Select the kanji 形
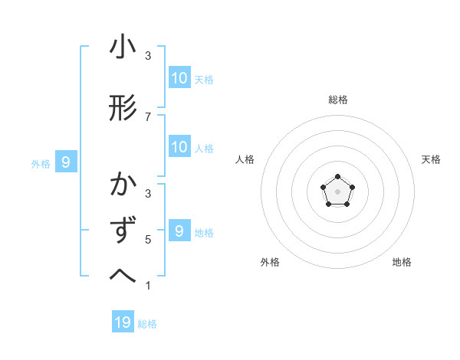123,109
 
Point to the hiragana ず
123,230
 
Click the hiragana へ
123,275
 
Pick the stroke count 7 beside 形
148,116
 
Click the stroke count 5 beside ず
148,240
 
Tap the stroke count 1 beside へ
148,286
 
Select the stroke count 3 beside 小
148,56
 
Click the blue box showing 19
123,322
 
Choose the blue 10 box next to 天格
179,77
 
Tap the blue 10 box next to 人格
179,147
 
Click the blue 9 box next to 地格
179,231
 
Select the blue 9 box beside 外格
66,162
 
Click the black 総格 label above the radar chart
338,100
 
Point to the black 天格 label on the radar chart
432,159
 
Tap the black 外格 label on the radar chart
270,262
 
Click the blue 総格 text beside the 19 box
147,324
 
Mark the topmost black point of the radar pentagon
338,178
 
